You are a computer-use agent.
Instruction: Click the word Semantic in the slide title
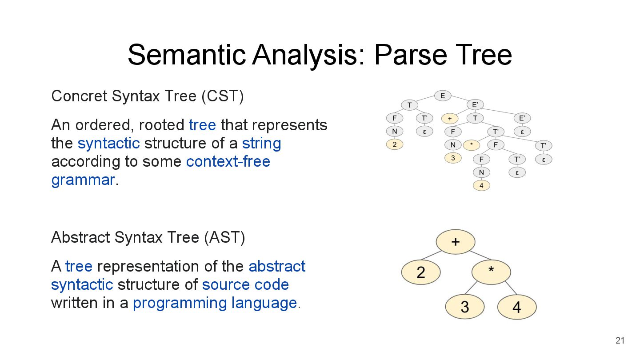click(186, 55)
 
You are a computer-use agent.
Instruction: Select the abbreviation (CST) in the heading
click(222, 96)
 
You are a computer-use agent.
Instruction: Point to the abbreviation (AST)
click(224, 237)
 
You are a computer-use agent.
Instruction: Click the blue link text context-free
click(228, 161)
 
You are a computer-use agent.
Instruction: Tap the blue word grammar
click(83, 180)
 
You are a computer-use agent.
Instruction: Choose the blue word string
click(261, 144)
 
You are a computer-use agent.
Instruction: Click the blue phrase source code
click(245, 284)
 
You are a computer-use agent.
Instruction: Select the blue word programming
click(180, 303)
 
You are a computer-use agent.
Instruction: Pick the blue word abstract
click(277, 266)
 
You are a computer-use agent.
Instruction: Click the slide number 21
click(620, 341)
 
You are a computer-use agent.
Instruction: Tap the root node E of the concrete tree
click(443, 96)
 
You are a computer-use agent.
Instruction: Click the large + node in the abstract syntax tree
click(456, 242)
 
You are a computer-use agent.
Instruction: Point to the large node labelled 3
click(465, 307)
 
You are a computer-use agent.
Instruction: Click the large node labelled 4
click(517, 307)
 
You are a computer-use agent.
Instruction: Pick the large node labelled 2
click(421, 272)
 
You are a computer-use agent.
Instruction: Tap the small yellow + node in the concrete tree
click(450, 119)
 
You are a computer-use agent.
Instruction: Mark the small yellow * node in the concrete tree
click(471, 145)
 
